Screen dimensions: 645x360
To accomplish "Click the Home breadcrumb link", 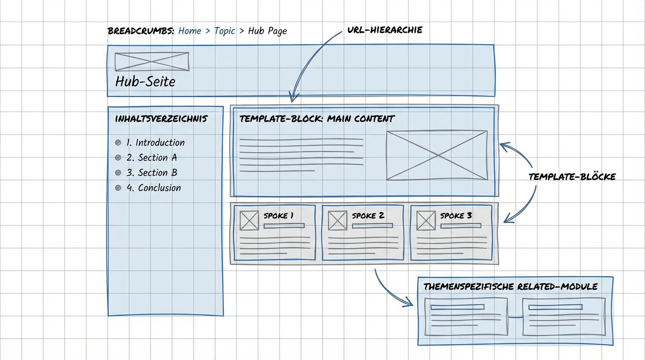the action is (x=190, y=31).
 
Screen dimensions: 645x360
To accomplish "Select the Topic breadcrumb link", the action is (x=225, y=31).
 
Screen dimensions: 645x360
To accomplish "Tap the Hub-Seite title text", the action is (x=145, y=82).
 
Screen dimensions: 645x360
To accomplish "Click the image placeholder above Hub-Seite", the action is (x=152, y=61).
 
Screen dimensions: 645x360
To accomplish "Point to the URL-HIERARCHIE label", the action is (x=385, y=30).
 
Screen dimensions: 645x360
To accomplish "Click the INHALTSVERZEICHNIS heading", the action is (x=161, y=119).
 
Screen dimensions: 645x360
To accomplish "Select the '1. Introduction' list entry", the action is (x=156, y=142).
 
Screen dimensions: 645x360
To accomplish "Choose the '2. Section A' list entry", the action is (x=151, y=157).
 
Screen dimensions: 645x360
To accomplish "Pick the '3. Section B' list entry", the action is (x=152, y=172).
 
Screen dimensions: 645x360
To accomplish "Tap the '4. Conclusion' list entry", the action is (x=154, y=188).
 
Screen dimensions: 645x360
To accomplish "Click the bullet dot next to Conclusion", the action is (x=118, y=188).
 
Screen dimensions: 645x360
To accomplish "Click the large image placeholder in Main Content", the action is (x=437, y=155).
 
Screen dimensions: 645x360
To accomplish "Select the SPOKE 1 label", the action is (x=278, y=216).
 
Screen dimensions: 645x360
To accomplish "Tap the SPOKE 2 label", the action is (x=368, y=216).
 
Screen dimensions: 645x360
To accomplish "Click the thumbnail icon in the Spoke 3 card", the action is (x=426, y=221).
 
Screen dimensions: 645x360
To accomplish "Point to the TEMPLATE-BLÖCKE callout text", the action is (x=572, y=177).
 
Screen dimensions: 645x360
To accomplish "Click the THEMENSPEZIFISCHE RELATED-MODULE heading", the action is (x=510, y=286).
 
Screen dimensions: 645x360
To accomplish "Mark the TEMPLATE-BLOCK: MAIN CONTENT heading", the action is (x=317, y=119).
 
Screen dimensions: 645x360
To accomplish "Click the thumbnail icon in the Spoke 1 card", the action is (x=249, y=221).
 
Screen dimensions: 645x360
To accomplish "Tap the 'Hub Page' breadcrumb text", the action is (x=268, y=31).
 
